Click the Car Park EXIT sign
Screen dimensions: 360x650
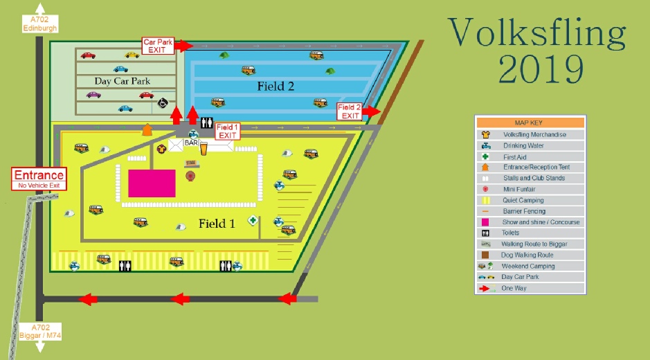158,46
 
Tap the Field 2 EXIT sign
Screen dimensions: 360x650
350,111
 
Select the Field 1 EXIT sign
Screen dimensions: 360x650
227,132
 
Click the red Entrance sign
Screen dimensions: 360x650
39,179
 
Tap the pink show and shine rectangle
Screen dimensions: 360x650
152,183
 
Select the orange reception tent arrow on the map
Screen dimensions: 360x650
147,129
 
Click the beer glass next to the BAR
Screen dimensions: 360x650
204,147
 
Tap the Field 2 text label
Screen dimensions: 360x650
276,87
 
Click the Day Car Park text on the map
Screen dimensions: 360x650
122,81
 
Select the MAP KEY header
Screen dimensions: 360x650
530,123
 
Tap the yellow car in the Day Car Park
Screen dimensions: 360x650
132,55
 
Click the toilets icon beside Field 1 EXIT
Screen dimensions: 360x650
206,123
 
